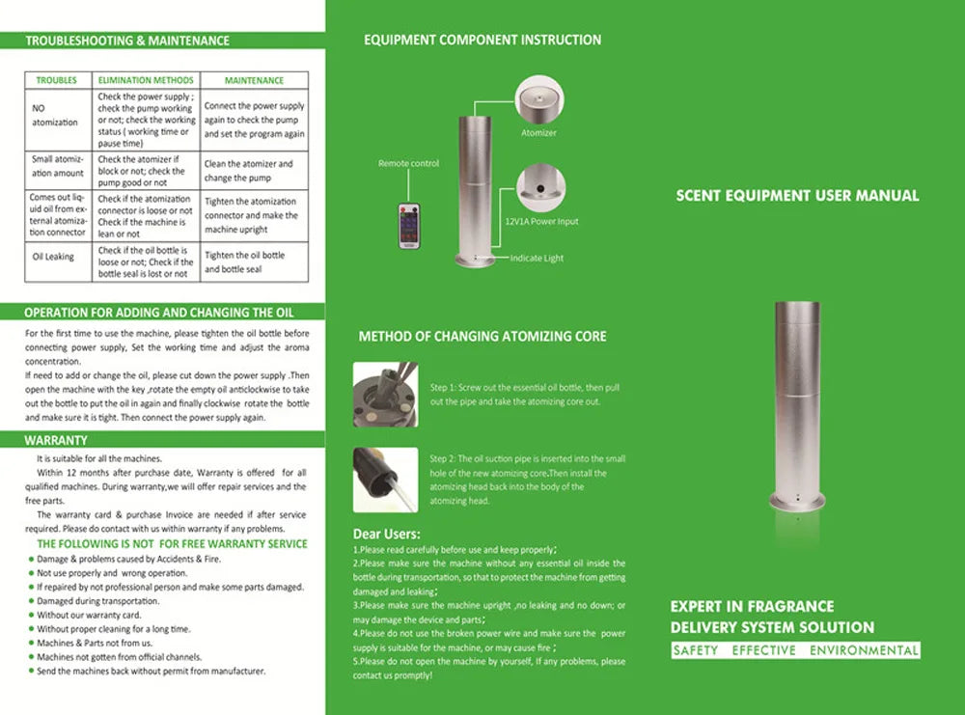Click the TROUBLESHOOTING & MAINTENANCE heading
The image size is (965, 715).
127,41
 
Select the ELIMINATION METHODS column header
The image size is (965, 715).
146,80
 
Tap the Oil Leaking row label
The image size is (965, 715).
53,257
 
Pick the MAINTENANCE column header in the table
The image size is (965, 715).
254,80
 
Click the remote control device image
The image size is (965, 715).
410,226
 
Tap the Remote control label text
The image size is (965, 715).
408,164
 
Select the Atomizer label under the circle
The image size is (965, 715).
538,133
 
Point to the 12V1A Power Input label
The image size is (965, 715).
541,222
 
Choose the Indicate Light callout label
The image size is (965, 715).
537,259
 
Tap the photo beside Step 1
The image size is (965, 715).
385,394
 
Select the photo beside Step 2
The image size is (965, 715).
385,479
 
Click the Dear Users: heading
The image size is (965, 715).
386,534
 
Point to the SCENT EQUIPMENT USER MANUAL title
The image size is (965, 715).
797,196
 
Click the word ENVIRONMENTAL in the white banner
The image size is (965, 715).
864,650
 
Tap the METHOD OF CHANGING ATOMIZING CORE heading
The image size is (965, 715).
482,337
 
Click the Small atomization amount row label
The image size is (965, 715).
58,166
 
